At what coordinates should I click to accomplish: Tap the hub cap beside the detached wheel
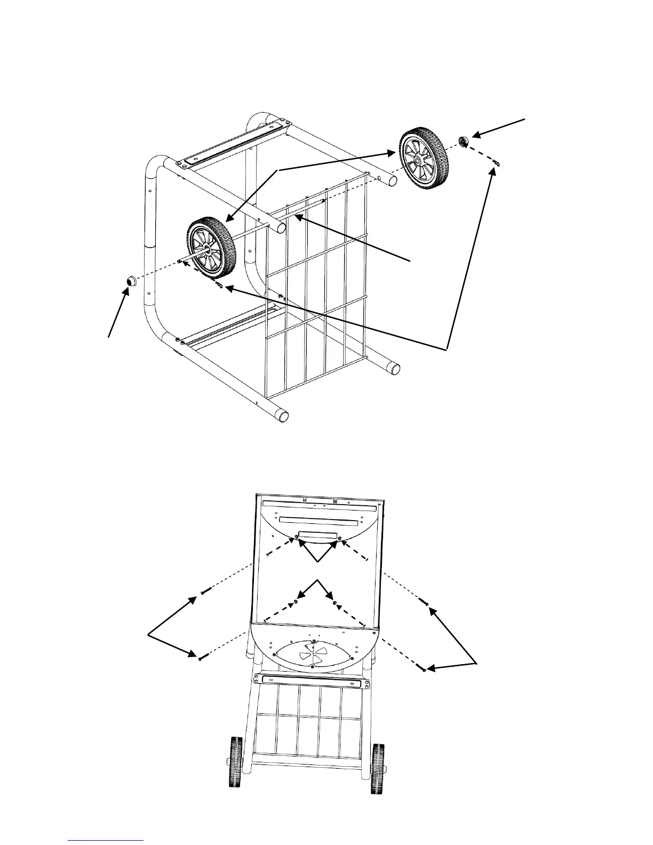click(x=464, y=141)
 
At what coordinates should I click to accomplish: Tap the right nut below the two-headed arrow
click(x=335, y=603)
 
